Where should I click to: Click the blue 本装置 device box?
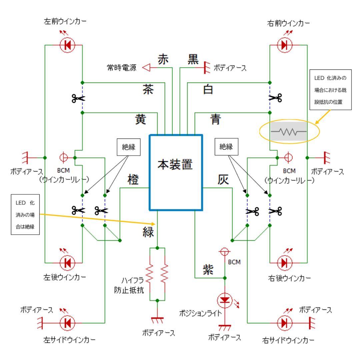coord(176,172)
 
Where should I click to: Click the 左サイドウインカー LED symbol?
coord(68,323)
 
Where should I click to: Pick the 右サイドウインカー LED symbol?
coord(284,323)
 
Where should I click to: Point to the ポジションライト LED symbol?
coord(225,300)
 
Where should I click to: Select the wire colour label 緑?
coord(148,232)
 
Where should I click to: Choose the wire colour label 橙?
coord(133,180)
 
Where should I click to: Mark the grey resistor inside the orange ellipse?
coord(289,131)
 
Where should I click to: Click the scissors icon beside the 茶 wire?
coord(78,98)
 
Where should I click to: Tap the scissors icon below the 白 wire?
coord(275,98)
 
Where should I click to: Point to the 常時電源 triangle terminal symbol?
coord(147,68)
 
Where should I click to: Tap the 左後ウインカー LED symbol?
coord(68,263)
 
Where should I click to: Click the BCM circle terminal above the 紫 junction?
coord(225,251)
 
